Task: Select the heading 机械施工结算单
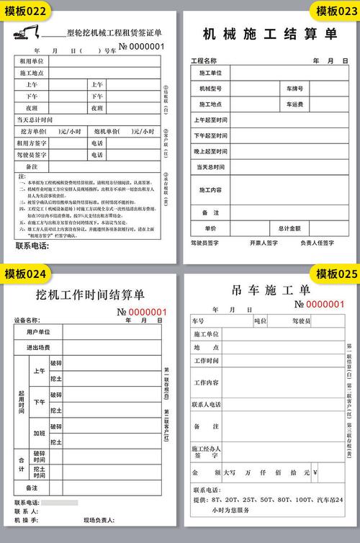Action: (x=270, y=33)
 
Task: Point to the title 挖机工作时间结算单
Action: (x=90, y=295)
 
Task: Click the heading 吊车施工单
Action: (x=270, y=290)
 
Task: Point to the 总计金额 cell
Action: (x=290, y=228)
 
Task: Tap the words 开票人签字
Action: (x=264, y=243)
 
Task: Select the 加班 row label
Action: (x=38, y=434)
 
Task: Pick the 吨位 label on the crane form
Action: (x=260, y=320)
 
